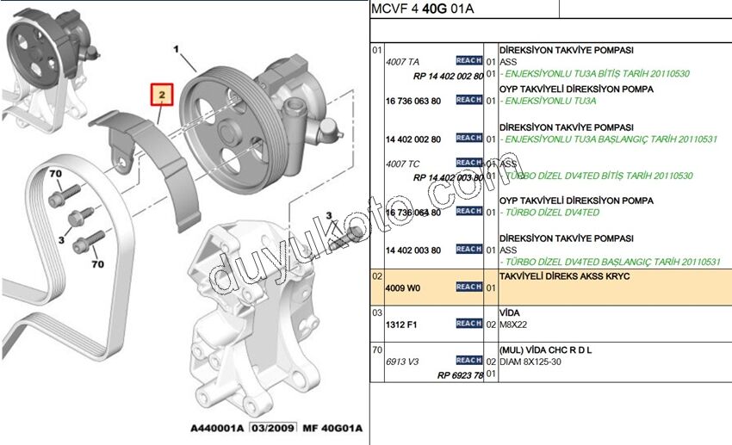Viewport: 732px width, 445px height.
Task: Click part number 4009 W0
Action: tap(402, 287)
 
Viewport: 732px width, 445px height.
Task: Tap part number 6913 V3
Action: tap(402, 362)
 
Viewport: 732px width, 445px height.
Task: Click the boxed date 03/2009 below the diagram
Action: tap(271, 428)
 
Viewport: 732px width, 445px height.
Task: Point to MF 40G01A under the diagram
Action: tap(331, 428)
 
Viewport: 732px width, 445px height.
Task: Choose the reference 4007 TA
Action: tap(402, 63)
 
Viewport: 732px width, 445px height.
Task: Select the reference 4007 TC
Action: tap(402, 163)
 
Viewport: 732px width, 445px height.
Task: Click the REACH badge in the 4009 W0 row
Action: tap(468, 287)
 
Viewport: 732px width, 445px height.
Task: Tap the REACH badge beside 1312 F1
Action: tap(468, 324)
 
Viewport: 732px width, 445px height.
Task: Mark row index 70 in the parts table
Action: tap(376, 350)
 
